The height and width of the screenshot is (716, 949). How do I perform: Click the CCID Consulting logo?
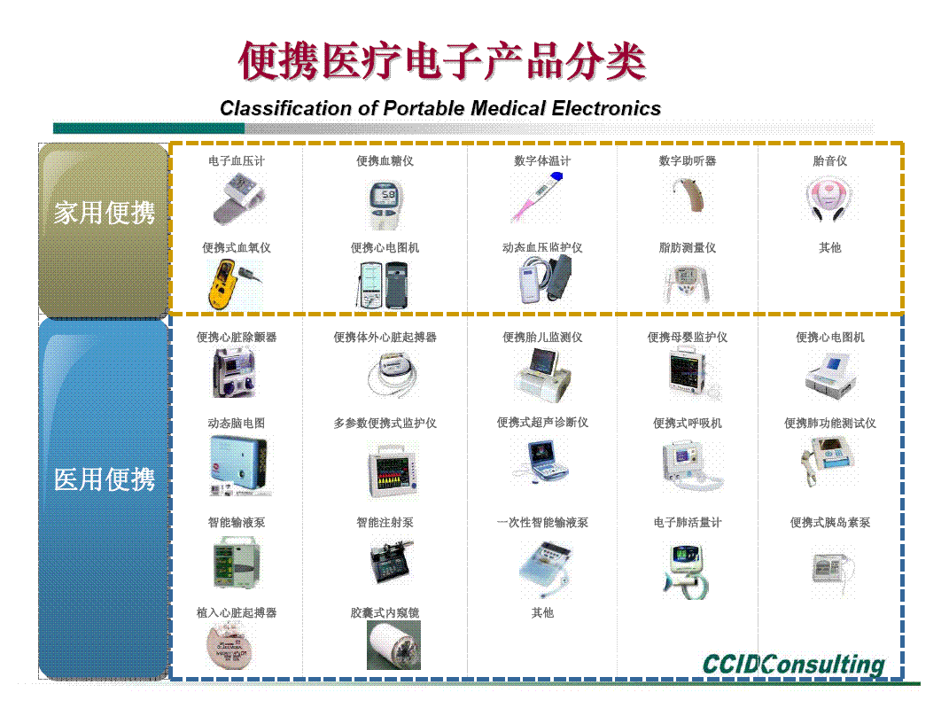coord(793,664)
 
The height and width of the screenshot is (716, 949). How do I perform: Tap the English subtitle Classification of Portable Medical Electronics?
coord(440,108)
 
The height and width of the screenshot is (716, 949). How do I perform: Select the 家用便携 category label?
coord(104,213)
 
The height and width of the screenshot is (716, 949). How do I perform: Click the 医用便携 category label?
coord(104,479)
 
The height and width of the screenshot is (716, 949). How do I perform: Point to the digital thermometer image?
coord(538,196)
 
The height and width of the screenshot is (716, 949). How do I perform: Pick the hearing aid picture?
coord(688,196)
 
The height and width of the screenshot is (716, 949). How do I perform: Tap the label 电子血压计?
coord(237,161)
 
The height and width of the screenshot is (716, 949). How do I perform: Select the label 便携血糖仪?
coord(385,161)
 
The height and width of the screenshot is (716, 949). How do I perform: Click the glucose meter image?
coord(385,204)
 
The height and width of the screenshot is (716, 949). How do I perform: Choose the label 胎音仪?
coord(829,161)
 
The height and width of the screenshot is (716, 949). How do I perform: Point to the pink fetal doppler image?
coord(828,198)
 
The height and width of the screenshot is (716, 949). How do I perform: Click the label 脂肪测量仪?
coord(688,247)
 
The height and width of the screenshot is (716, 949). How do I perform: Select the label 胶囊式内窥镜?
coord(385,612)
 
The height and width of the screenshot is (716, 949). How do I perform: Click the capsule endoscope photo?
coord(393,645)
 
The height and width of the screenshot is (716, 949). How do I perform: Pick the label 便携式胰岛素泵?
coord(830,522)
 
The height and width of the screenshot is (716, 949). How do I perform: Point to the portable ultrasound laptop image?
coord(541,461)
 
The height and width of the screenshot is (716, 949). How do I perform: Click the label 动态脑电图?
coord(237,423)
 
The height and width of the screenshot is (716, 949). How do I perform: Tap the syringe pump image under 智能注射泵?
coord(392,560)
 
